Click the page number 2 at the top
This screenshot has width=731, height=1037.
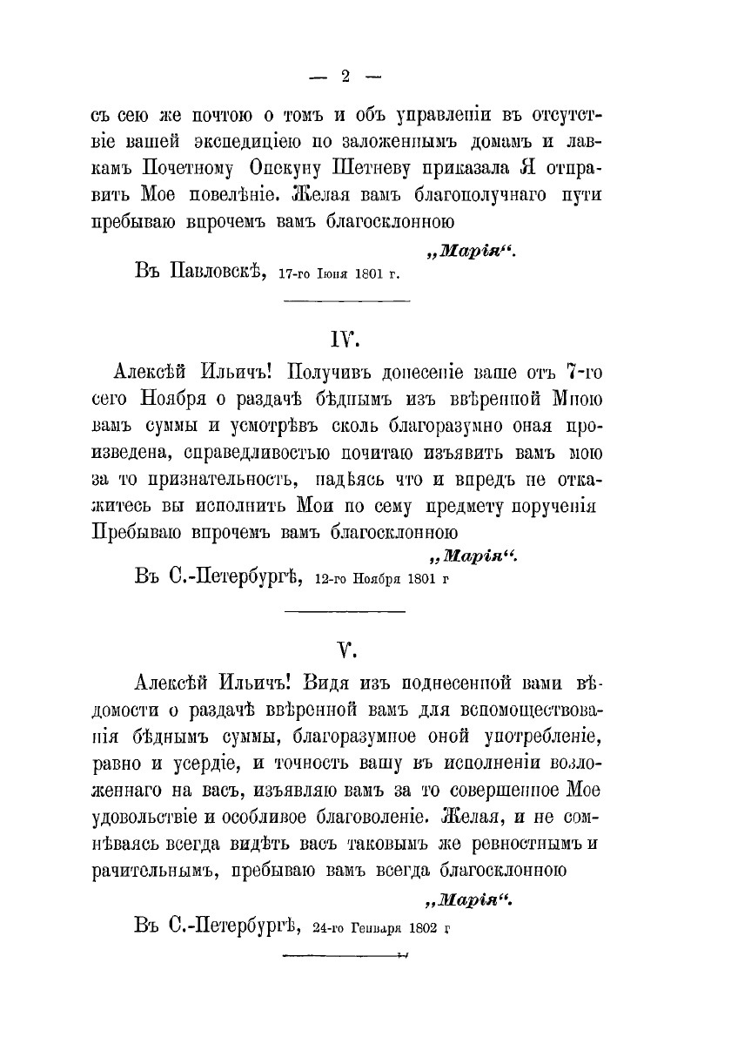[x=345, y=77]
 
